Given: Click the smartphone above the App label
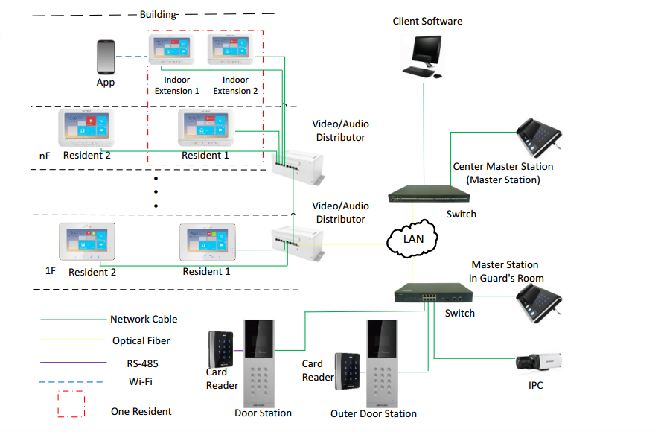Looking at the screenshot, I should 106,57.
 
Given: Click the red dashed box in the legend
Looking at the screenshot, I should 72,404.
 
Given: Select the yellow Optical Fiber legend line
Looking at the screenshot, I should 72,340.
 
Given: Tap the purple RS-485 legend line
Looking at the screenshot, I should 72,363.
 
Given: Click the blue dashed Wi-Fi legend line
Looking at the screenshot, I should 72,382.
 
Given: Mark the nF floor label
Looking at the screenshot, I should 45,156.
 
